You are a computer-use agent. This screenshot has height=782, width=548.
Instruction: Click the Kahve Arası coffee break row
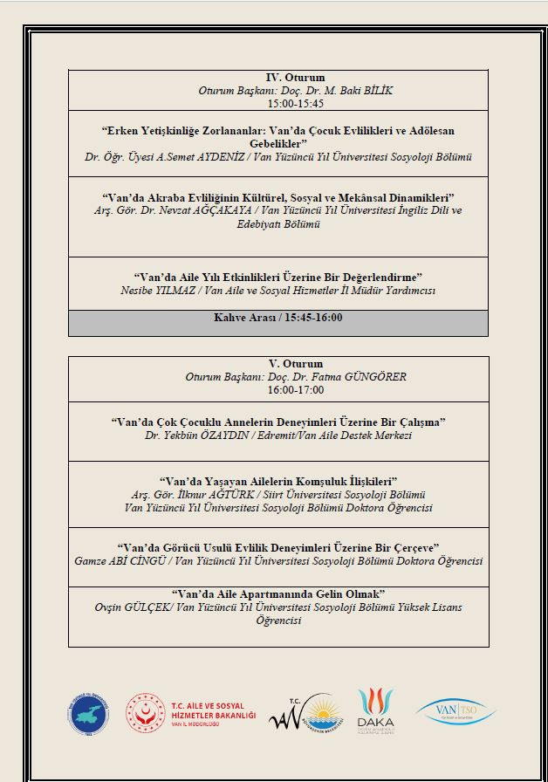click(277, 318)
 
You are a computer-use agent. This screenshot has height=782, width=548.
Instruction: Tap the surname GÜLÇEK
click(156, 607)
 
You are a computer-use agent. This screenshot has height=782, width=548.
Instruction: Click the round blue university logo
click(89, 712)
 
